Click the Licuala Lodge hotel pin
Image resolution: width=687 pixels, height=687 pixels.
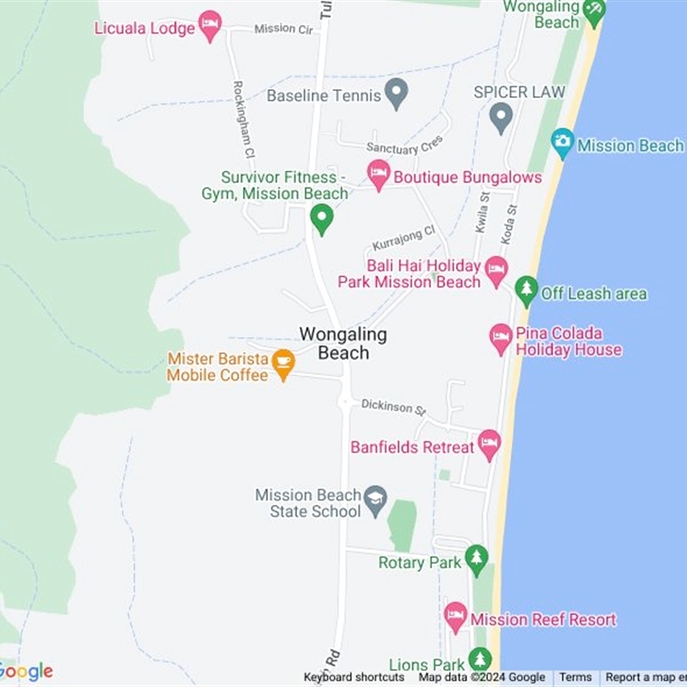tap(210, 25)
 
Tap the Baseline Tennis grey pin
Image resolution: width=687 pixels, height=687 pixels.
tap(395, 94)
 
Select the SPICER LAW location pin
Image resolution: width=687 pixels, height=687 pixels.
tap(501, 118)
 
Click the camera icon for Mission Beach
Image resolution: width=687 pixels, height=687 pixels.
tap(562, 143)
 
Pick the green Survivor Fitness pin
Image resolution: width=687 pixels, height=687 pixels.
tap(321, 218)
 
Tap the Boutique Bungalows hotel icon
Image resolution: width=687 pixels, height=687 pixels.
tap(379, 175)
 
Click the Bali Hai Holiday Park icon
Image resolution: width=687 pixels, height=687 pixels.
tap(496, 271)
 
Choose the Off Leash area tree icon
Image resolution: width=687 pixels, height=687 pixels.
tap(526, 291)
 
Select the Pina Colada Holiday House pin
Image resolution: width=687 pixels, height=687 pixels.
tap(501, 339)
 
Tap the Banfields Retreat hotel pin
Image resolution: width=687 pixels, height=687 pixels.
tap(489, 444)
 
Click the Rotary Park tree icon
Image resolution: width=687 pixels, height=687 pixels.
tap(476, 560)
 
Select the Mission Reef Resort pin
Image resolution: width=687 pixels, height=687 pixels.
tap(455, 617)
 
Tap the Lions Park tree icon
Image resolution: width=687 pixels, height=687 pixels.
tap(479, 661)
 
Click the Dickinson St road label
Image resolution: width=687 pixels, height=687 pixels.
tap(393, 405)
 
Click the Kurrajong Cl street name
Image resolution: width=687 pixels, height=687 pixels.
tap(404, 238)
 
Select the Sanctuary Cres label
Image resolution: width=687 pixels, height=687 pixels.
tap(404, 146)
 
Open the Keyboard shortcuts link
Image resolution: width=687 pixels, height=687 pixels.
tap(354, 678)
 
